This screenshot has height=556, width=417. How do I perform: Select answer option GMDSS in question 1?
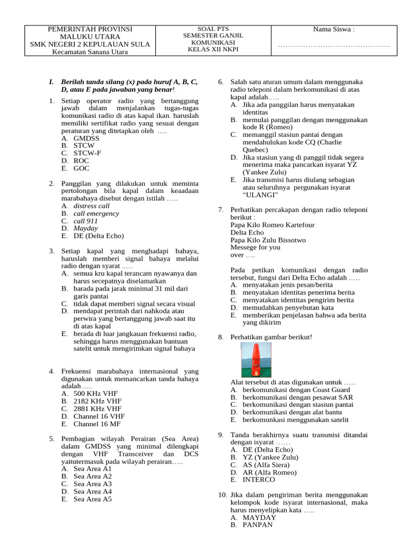pos(86,138)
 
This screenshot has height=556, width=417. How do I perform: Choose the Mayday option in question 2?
pos(86,229)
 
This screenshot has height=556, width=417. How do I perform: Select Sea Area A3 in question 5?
pos(92,484)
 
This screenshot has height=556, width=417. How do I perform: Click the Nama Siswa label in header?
pos(333,29)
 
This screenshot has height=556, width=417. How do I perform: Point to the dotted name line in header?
pos(333,46)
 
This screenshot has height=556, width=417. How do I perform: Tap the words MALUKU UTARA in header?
pos(90,37)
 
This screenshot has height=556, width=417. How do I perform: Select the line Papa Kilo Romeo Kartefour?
pos(273,225)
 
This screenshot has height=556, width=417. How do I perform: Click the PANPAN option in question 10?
pos(257,525)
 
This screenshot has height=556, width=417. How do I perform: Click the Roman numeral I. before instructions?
pos(52,81)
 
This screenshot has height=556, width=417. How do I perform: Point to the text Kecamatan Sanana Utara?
pos(90,52)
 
